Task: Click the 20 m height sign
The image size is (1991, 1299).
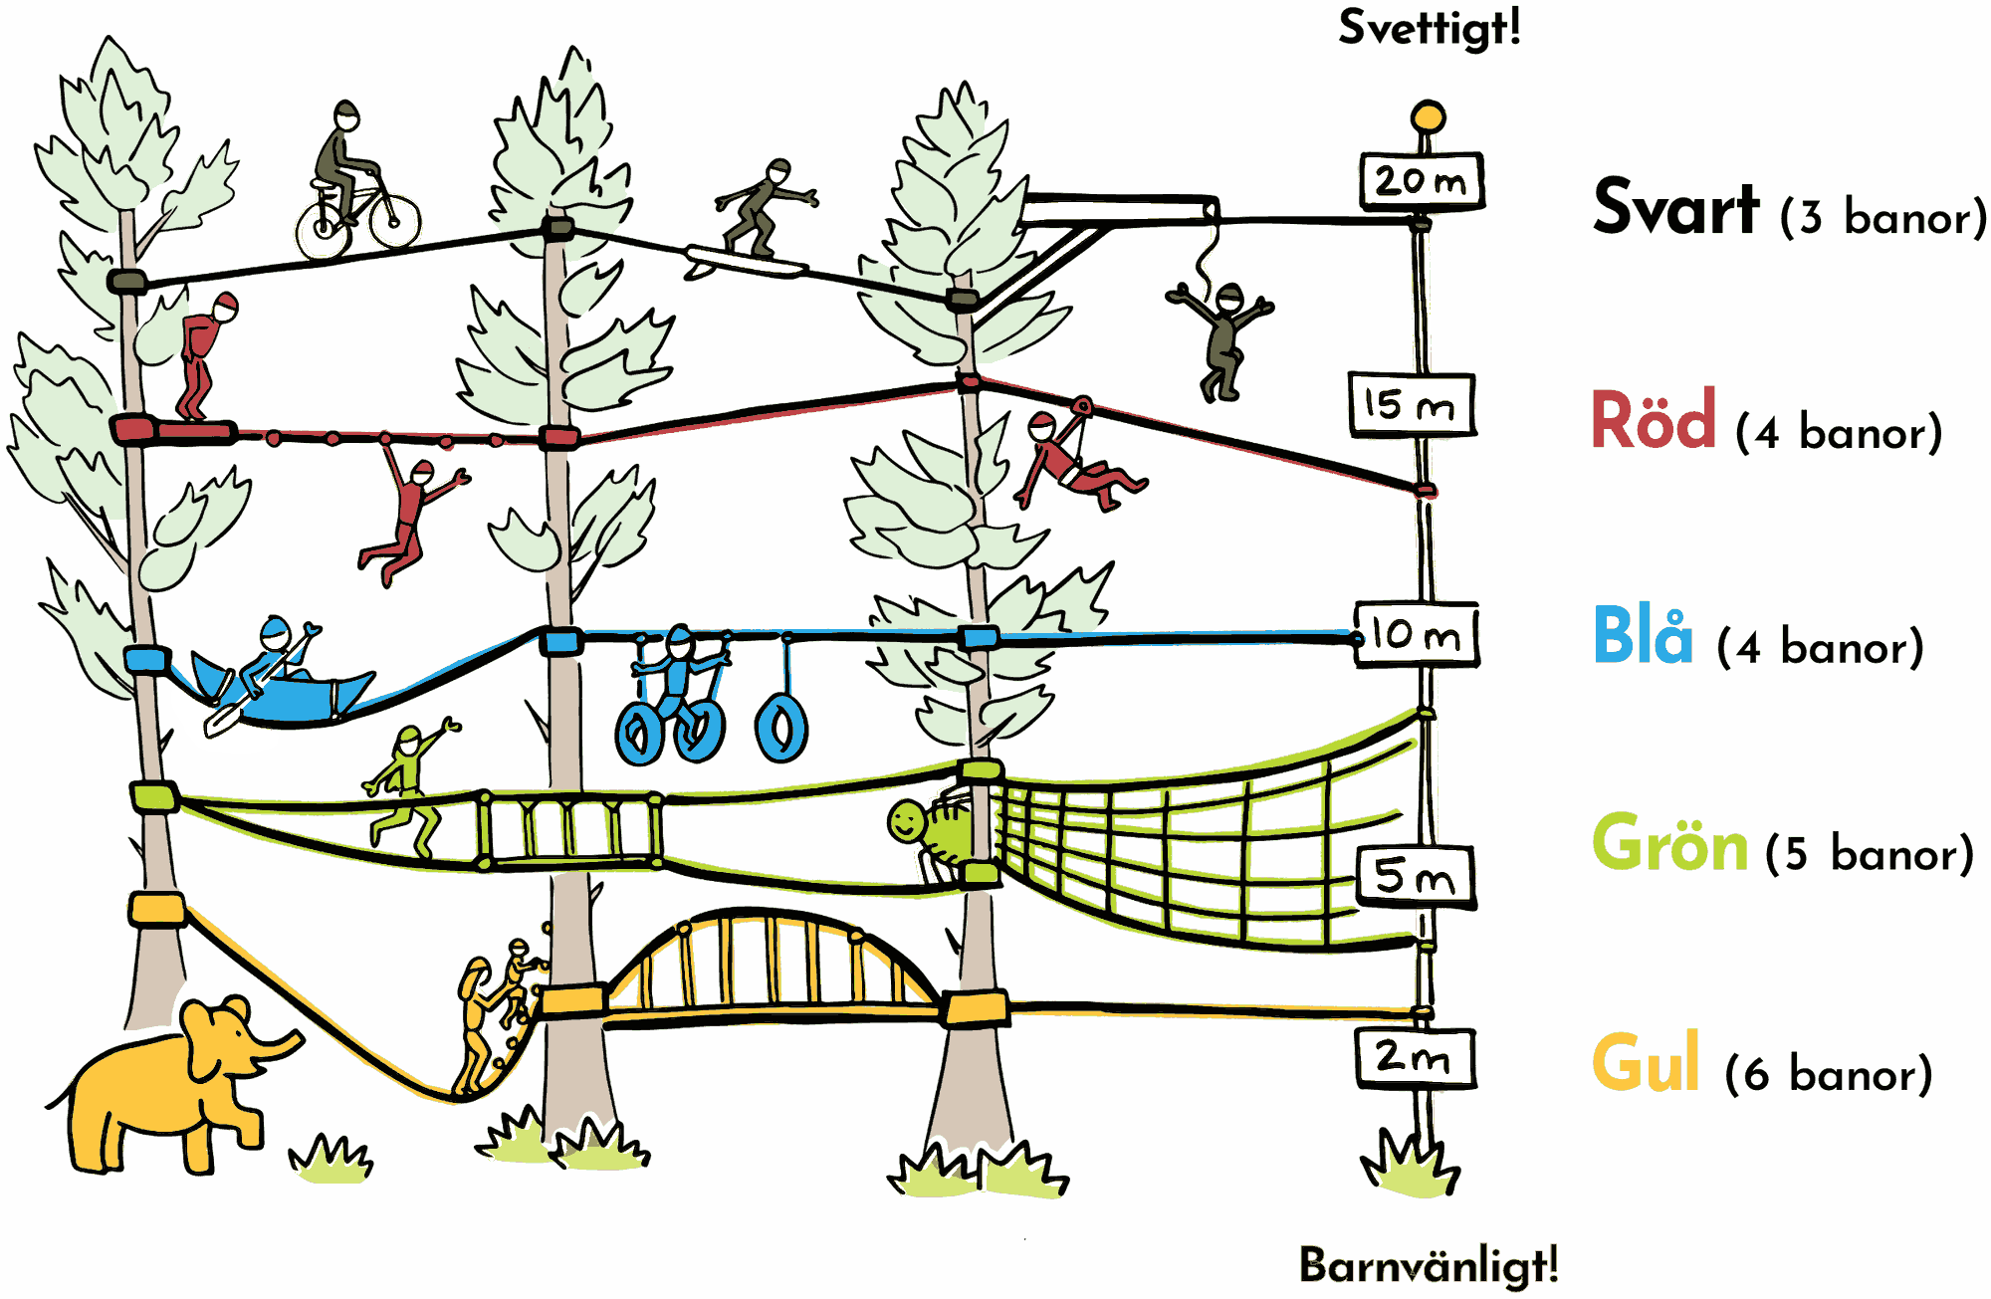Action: pyautogui.click(x=1422, y=181)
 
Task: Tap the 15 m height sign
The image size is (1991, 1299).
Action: pyautogui.click(x=1412, y=404)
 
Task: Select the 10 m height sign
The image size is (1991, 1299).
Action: pyautogui.click(x=1416, y=634)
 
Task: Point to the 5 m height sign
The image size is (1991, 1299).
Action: pyautogui.click(x=1416, y=877)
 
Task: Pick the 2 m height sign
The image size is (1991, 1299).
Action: pyautogui.click(x=1415, y=1057)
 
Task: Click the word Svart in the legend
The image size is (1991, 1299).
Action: pyautogui.click(x=1675, y=208)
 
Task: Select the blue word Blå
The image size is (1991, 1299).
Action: pyautogui.click(x=1643, y=634)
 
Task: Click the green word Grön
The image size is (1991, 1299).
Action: pyautogui.click(x=1669, y=843)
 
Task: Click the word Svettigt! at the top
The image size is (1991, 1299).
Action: pyautogui.click(x=1430, y=28)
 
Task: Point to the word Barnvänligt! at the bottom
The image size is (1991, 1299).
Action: pyautogui.click(x=1429, y=1265)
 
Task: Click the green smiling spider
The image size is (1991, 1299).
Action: pyautogui.click(x=932, y=830)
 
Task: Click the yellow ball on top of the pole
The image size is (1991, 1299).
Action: pyautogui.click(x=1428, y=116)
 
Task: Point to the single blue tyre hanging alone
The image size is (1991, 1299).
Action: pyautogui.click(x=781, y=728)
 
